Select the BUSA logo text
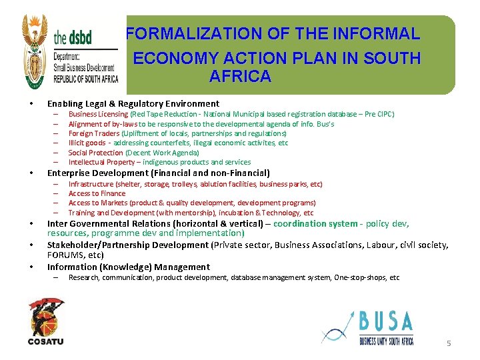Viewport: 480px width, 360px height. tap(386, 322)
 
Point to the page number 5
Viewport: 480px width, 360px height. tap(449, 343)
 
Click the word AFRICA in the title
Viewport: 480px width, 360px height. tap(240, 76)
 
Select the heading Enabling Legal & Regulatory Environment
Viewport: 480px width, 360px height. tap(133, 103)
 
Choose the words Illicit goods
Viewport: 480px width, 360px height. tap(87, 143)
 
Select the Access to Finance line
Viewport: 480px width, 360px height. tap(97, 193)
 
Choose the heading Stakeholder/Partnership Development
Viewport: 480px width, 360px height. tap(127, 245)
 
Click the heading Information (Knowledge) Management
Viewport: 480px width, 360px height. tap(128, 267)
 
